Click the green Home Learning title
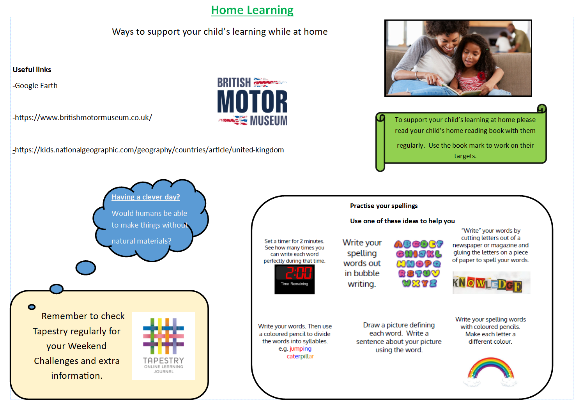pyautogui.click(x=252, y=10)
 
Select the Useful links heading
pyautogui.click(x=32, y=70)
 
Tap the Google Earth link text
pyautogui.click(x=36, y=85)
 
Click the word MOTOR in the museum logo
pyautogui.click(x=252, y=101)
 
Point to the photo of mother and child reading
pyautogui.click(x=458, y=58)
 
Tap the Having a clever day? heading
pyautogui.click(x=145, y=197)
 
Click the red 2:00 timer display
pyautogui.click(x=298, y=273)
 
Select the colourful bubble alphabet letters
pyautogui.click(x=418, y=263)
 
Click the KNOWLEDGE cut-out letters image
pyautogui.click(x=491, y=283)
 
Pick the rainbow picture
pyautogui.click(x=490, y=371)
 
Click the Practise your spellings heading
pyautogui.click(x=384, y=206)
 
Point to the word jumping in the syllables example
pyautogui.click(x=300, y=349)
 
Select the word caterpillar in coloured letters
pyautogui.click(x=300, y=356)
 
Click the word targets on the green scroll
pyautogui.click(x=465, y=156)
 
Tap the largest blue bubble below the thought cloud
pyautogui.click(x=86, y=268)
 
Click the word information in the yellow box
pyautogui.click(x=77, y=376)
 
